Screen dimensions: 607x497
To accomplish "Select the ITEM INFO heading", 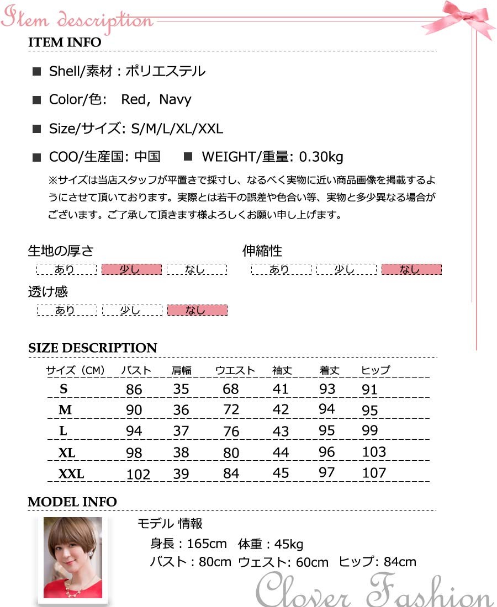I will pyautogui.click(x=65, y=42).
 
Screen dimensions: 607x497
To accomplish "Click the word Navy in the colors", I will pyautogui.click(x=175, y=100).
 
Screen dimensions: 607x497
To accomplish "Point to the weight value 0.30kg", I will pyautogui.click(x=321, y=157).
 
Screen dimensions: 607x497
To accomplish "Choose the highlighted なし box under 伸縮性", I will pyautogui.click(x=411, y=269).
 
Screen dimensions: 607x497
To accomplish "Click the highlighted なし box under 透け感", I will pyautogui.click(x=197, y=310).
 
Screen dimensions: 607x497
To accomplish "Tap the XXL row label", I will pyautogui.click(x=71, y=474).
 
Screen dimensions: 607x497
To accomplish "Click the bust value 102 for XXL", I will pyautogui.click(x=138, y=474).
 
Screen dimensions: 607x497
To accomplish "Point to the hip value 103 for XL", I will pyautogui.click(x=374, y=452).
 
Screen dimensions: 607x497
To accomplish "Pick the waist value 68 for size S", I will pyautogui.click(x=231, y=389).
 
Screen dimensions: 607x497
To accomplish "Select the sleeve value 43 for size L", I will pyautogui.click(x=281, y=431).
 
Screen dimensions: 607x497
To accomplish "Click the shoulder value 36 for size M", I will pyautogui.click(x=181, y=410).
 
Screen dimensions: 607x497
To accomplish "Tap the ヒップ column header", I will pyautogui.click(x=376, y=370).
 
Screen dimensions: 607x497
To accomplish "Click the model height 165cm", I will pyautogui.click(x=207, y=544).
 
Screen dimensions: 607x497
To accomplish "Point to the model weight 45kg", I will pyautogui.click(x=289, y=545).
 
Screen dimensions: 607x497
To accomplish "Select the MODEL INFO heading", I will pyautogui.click(x=72, y=502).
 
